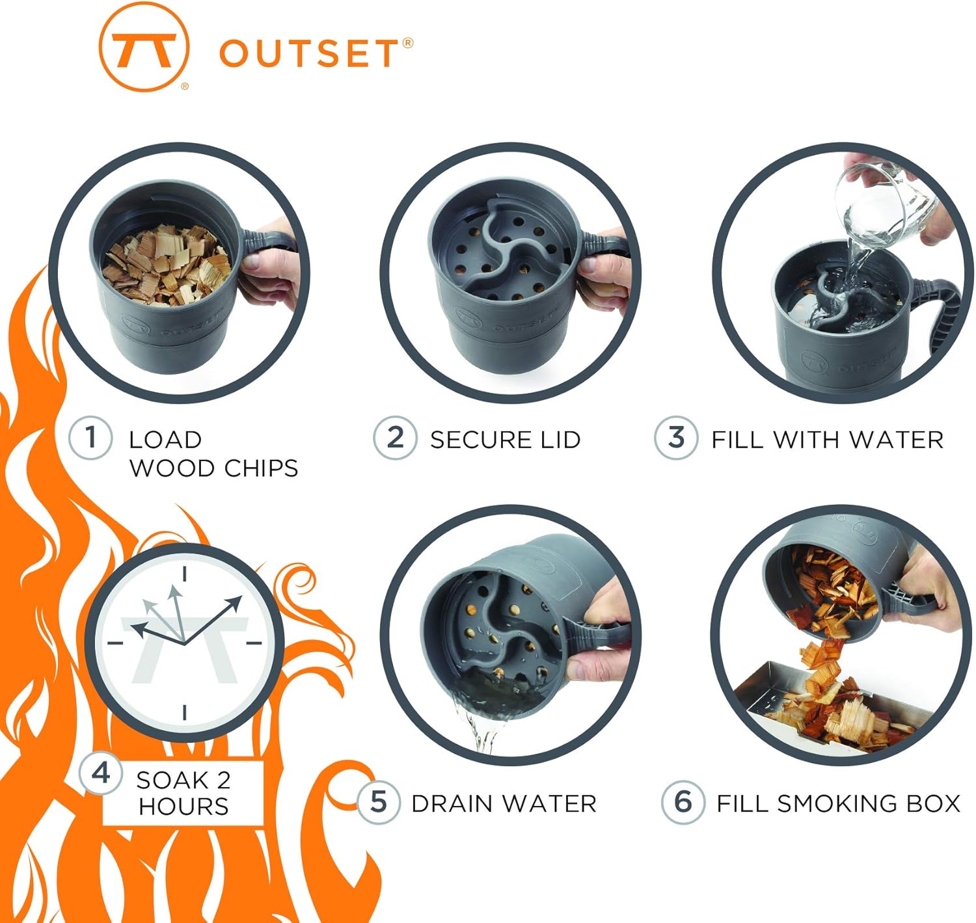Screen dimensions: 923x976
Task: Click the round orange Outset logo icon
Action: [144, 47]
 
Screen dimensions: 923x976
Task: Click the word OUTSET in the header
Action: [308, 53]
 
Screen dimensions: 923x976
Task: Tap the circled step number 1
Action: [91, 437]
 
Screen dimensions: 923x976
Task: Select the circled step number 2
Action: [395, 438]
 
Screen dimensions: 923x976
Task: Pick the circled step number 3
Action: [676, 438]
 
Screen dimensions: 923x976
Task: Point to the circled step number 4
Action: [101, 773]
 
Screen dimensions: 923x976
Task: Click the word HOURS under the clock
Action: [183, 807]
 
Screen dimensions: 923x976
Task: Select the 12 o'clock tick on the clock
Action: [185, 573]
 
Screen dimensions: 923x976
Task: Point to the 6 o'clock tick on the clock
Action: [185, 712]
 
